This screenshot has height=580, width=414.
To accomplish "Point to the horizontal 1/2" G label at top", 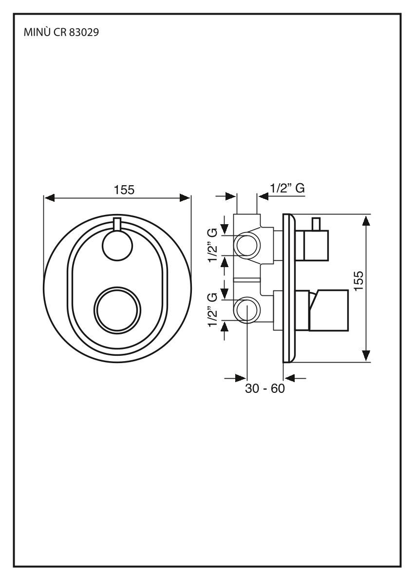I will tap(287, 189).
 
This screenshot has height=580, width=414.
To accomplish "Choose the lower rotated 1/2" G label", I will tap(212, 310).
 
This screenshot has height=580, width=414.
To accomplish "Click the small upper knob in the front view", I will tap(117, 245).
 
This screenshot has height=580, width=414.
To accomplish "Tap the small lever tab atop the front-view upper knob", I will tap(116, 224).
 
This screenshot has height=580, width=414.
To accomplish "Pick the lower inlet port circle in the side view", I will tap(247, 310).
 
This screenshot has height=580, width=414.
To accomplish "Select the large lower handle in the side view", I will tap(329, 310).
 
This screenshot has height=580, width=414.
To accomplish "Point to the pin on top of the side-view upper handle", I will tap(316, 224).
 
